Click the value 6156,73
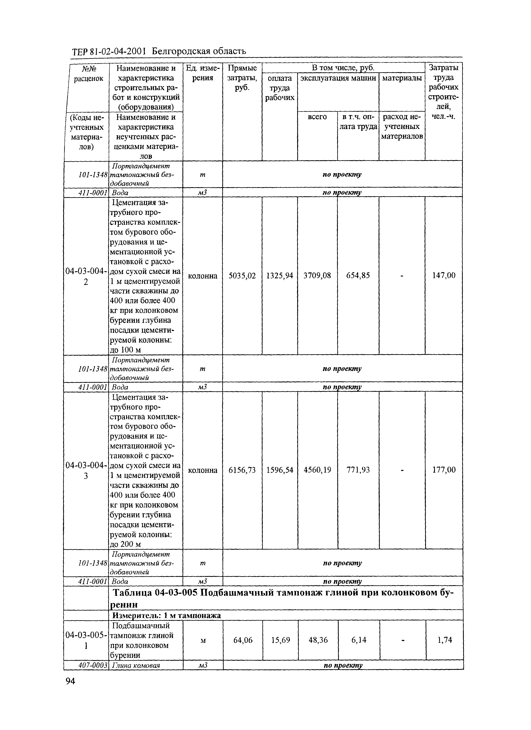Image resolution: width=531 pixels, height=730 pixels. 242,470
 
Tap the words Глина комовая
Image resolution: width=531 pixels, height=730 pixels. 136,665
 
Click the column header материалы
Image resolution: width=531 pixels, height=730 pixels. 401,78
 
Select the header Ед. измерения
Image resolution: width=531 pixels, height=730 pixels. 203,73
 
